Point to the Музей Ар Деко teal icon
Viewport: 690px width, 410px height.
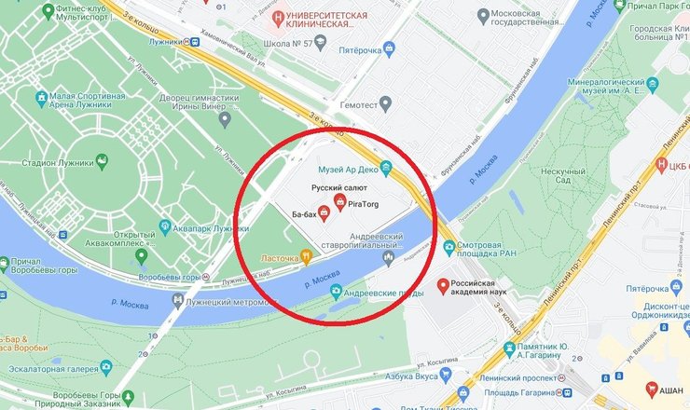tap(387, 168)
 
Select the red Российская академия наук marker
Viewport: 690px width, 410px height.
tap(443, 285)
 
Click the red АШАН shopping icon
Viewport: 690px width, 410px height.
tap(652, 389)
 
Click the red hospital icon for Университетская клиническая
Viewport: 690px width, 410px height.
tap(277, 18)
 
